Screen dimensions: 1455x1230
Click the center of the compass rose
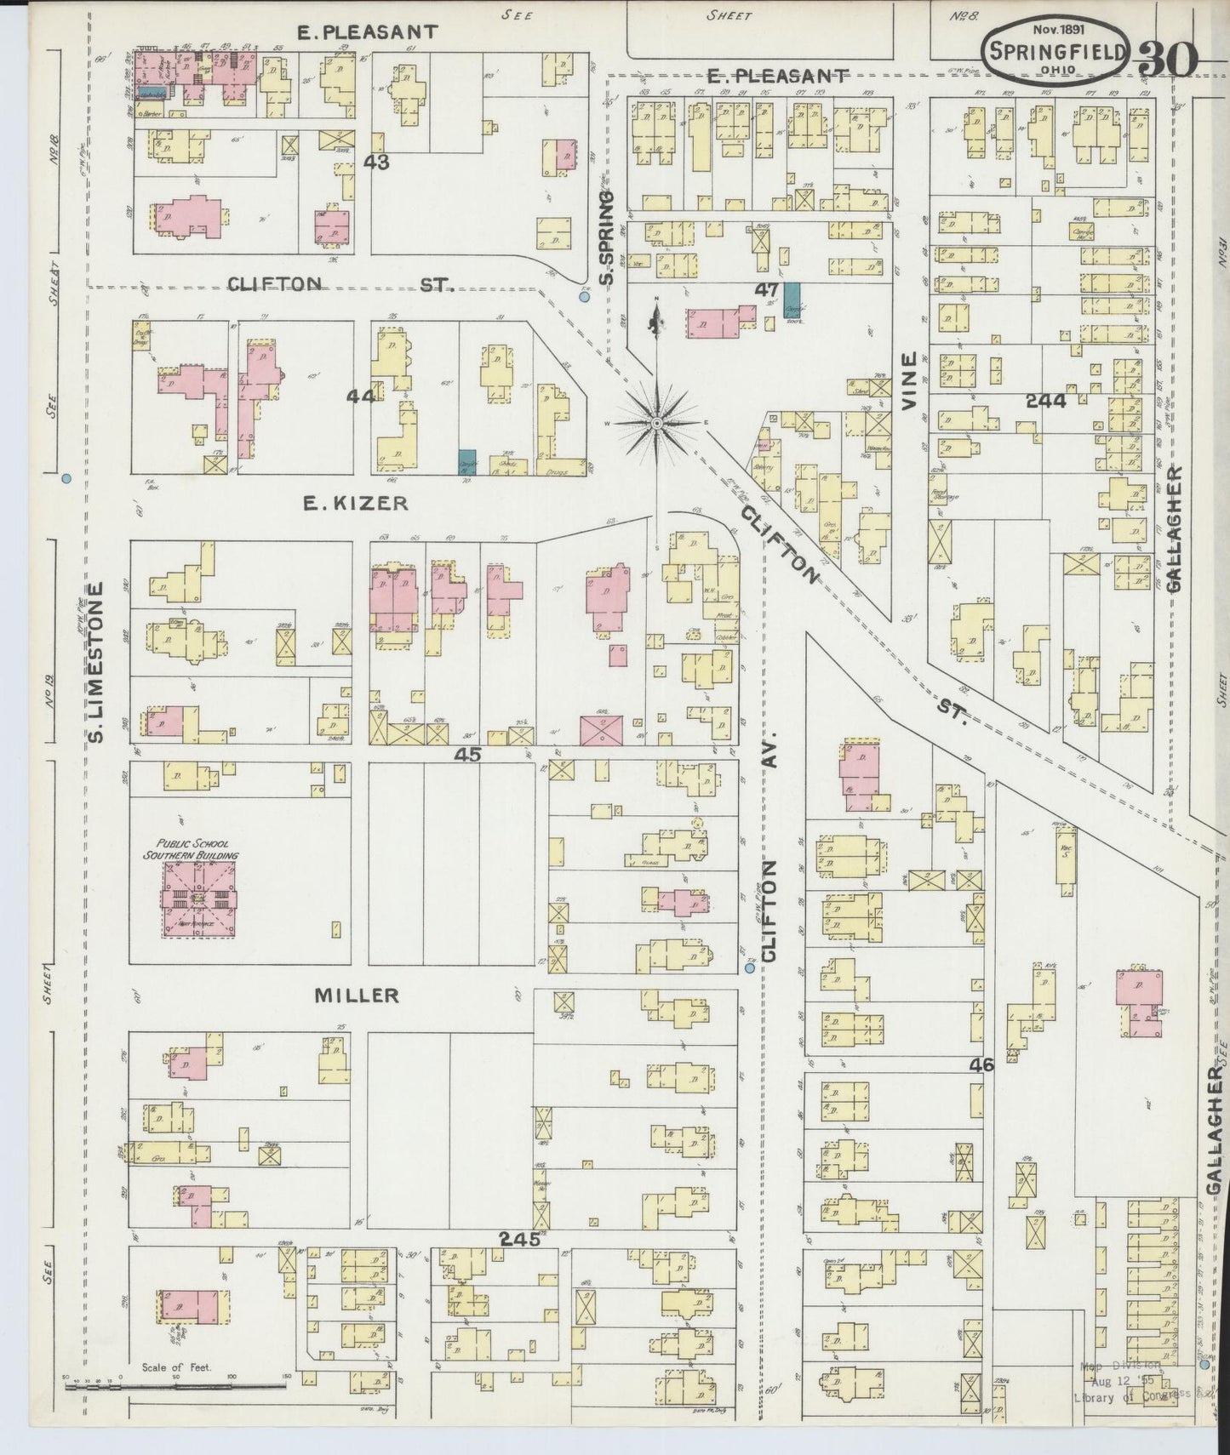[657, 422]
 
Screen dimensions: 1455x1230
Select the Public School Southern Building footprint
[200, 899]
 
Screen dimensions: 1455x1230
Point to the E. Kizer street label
[356, 504]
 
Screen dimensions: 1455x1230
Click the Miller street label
[357, 995]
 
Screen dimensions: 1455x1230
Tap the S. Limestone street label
[96, 662]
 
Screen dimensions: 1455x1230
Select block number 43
[375, 161]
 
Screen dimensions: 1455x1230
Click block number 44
[362, 396]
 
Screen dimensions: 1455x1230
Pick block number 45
[468, 753]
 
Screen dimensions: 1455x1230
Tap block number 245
[519, 1240]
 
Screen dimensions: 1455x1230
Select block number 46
[981, 1064]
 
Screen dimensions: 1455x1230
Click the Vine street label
[911, 383]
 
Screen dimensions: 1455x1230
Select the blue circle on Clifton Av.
[750, 968]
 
